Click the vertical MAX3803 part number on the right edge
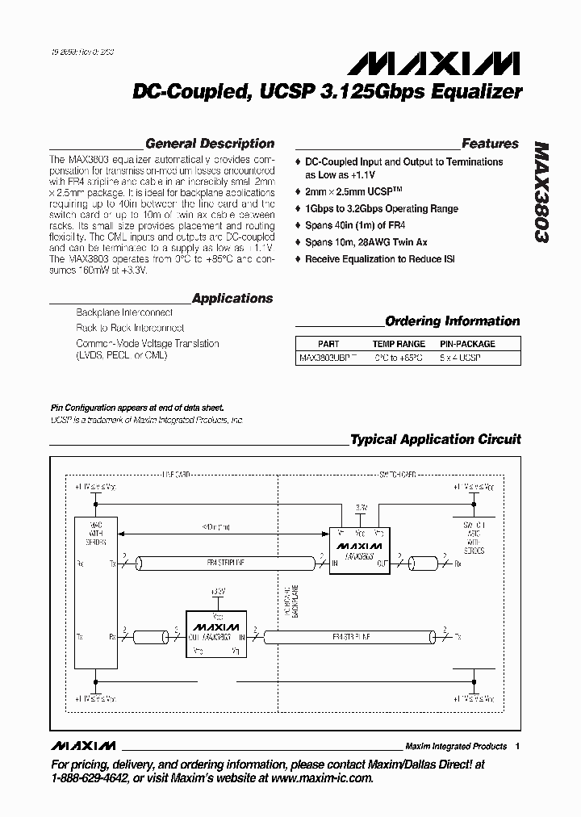click(x=541, y=194)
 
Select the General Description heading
click(x=210, y=144)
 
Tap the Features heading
click(x=490, y=144)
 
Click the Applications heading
click(x=232, y=298)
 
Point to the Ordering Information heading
click(x=452, y=321)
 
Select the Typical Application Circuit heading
click(x=435, y=439)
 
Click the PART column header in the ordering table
click(x=328, y=343)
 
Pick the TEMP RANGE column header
click(x=399, y=343)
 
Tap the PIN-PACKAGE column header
click(x=467, y=343)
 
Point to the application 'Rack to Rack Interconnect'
click(x=130, y=328)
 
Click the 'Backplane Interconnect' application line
click(x=124, y=312)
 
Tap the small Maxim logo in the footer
click(x=83, y=745)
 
